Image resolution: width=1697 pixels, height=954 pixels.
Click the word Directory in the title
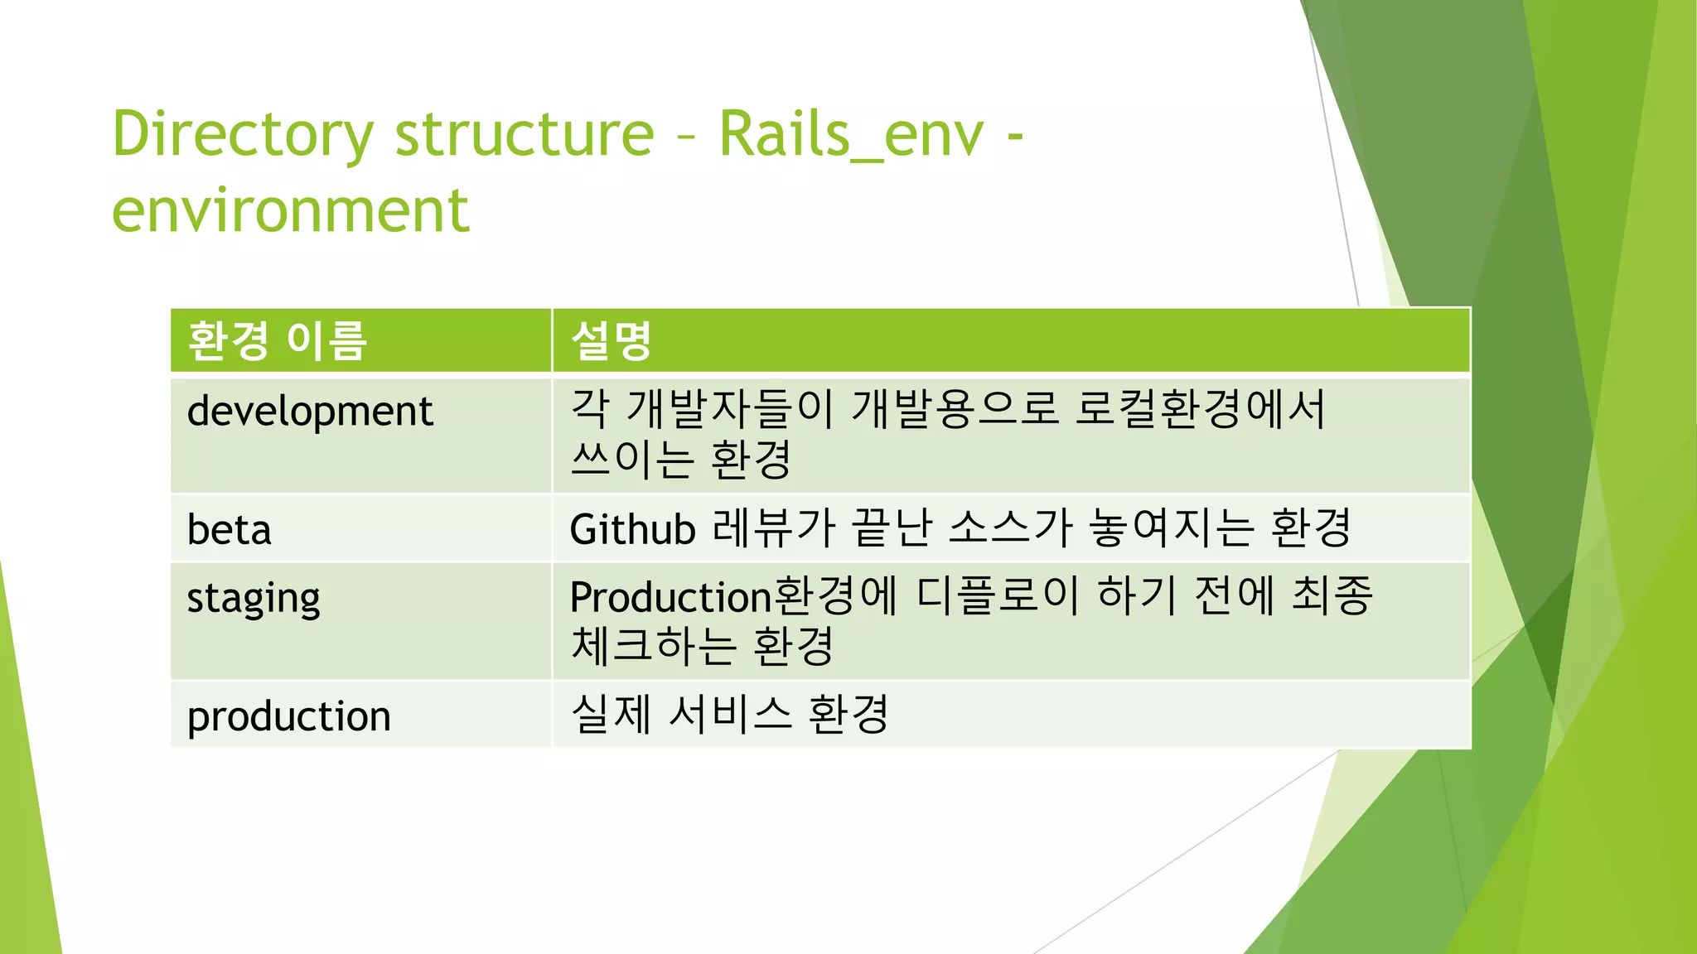tap(243, 134)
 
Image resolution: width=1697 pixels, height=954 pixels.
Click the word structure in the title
tap(524, 134)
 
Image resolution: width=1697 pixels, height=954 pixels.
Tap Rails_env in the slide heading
tap(851, 134)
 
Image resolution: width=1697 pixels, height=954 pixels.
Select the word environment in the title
tap(290, 210)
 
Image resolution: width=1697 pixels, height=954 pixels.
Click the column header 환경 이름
tap(277, 340)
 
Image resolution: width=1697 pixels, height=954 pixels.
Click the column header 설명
tap(612, 340)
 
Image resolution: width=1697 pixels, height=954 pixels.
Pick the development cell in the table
tap(310, 412)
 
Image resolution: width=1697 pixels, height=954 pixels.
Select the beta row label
tap(230, 530)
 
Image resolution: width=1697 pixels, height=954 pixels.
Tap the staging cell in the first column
tap(254, 599)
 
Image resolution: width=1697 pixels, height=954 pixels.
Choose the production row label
tap(288, 716)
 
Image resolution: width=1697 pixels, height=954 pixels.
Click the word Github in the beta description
tap(632, 530)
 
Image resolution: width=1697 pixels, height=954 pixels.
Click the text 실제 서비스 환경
tap(730, 714)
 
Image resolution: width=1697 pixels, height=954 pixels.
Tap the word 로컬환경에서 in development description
tap(1200, 409)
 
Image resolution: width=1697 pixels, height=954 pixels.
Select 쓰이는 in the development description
tap(632, 460)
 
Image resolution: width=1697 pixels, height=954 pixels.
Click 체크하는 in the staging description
tap(653, 647)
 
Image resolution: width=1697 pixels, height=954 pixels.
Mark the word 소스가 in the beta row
tap(1010, 528)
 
